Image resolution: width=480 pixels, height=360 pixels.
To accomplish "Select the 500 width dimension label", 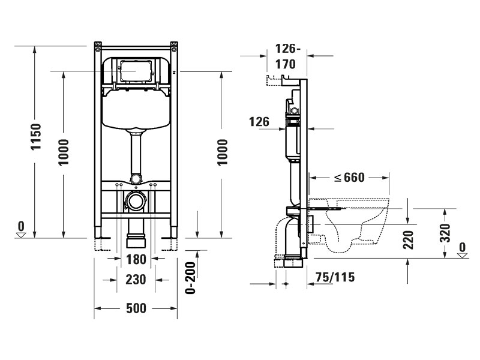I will pos(137,308).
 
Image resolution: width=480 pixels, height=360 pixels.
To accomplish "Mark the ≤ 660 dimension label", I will pos(350,178).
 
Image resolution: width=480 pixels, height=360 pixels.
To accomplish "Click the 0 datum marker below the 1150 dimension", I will pos(22,228).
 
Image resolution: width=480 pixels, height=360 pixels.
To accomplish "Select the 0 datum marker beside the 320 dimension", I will pos(461,249).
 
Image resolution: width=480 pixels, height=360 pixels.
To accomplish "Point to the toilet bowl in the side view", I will pos(354,225).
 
